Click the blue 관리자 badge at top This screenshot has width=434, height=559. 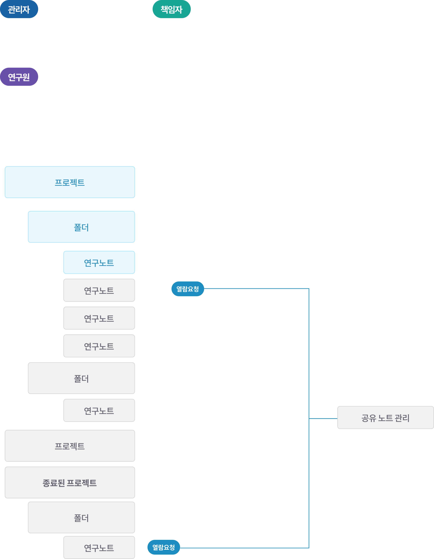point(19,9)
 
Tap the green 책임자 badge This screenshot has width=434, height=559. point(171,9)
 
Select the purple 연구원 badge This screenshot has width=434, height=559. point(19,77)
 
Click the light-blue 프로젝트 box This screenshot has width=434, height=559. point(70,182)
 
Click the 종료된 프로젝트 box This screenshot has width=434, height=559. point(70,483)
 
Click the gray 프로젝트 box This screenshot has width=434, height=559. point(70,446)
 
